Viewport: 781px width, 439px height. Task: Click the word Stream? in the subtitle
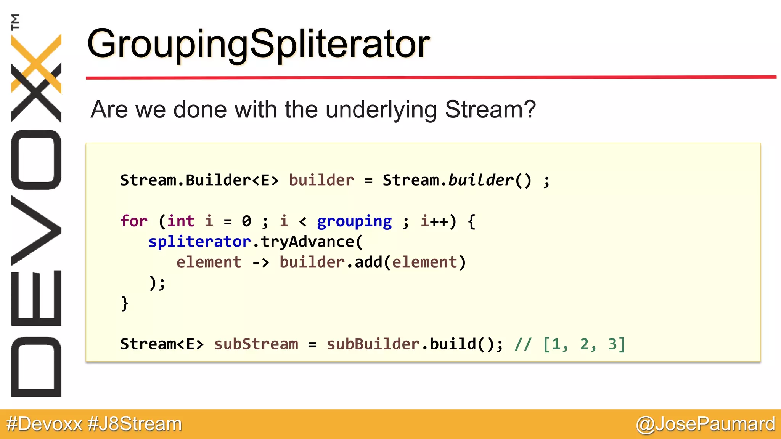(x=490, y=109)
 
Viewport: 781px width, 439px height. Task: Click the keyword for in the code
(x=133, y=221)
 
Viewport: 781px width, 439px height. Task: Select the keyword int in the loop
(x=180, y=221)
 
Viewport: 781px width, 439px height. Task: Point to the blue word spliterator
(x=199, y=242)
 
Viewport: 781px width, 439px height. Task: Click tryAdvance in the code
(x=307, y=242)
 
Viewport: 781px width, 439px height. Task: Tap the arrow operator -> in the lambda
(x=260, y=263)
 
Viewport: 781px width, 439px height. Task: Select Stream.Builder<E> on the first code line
(x=199, y=180)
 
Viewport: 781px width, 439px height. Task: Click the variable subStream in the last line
(x=256, y=344)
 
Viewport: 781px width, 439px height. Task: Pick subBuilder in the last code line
(x=373, y=344)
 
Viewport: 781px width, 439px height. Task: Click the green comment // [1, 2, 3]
(x=570, y=344)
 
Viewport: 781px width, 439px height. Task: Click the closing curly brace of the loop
(x=124, y=304)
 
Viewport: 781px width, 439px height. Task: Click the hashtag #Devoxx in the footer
(x=44, y=424)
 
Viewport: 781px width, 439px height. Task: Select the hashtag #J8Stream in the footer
(x=135, y=424)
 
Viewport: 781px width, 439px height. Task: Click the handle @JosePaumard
(x=705, y=424)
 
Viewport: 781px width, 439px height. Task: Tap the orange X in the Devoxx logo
(x=37, y=63)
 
